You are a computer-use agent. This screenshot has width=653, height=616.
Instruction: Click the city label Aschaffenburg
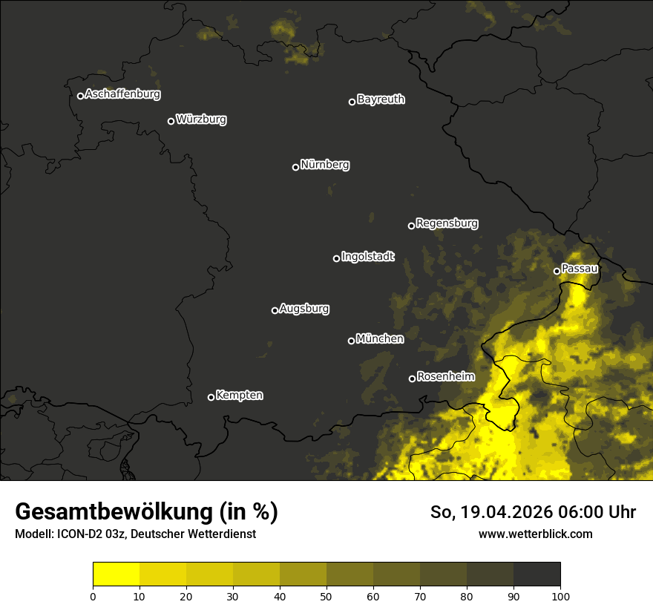122,94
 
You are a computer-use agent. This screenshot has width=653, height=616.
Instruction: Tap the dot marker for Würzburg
171,121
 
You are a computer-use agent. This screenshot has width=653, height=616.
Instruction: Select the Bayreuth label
381,99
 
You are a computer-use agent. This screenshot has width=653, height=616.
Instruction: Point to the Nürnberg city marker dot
295,167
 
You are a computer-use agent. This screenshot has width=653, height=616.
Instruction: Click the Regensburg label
447,223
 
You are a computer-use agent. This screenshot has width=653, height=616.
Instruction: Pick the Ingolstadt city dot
336,258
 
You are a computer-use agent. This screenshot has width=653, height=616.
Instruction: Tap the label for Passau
580,269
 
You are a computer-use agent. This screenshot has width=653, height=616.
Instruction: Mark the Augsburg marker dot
275,310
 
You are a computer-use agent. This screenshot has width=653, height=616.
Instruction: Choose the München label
380,339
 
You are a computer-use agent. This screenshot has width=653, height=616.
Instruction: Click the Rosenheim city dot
412,379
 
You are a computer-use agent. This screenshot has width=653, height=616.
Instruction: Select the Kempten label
239,396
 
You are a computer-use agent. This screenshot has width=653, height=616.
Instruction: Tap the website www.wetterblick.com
535,534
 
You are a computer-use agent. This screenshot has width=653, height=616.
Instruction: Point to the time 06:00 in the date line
570,512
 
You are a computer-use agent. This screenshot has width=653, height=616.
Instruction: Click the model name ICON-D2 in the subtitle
77,534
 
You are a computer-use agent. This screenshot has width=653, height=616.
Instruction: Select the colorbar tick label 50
326,596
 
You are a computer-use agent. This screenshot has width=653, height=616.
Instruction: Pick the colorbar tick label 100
560,596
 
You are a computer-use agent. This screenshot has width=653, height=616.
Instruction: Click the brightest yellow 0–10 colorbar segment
116,574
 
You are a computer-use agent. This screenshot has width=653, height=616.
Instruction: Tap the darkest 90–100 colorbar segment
536,574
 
